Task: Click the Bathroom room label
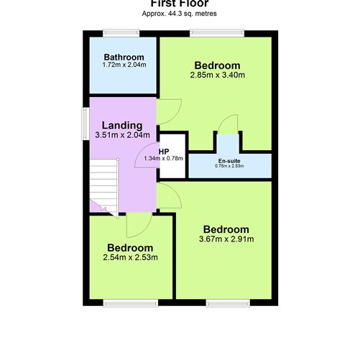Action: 124,57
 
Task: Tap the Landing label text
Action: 121,125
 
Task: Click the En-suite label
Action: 229,160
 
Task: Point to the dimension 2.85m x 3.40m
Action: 218,75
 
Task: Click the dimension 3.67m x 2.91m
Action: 226,239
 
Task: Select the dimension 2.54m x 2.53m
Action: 130,257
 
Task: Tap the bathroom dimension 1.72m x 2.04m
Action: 124,65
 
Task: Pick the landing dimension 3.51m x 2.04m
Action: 122,135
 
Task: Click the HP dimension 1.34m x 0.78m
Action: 163,158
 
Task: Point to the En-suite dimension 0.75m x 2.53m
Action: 229,166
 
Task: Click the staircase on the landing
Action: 103,185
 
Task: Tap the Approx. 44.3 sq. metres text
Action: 179,14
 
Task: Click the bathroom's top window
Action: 120,32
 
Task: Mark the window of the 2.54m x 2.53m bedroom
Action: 119,301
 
